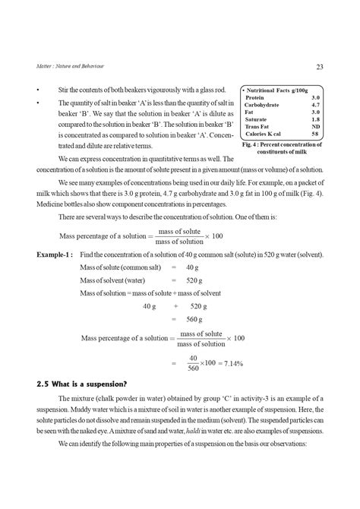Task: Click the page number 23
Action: click(320, 67)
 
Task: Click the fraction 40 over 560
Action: click(194, 363)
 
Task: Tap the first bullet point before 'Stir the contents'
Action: click(38, 90)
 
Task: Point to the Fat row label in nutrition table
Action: click(250, 112)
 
